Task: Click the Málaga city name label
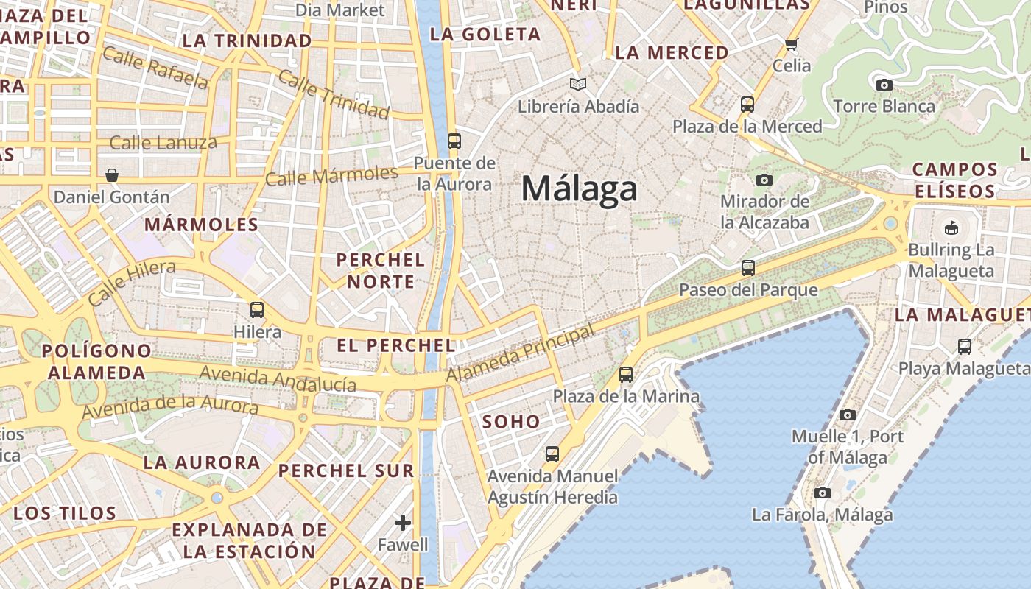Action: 579,189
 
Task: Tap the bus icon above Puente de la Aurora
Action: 454,141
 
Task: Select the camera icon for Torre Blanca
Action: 884,85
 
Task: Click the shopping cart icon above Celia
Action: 792,44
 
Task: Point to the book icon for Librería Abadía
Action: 579,85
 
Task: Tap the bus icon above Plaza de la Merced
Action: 747,105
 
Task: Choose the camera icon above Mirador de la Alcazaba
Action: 764,180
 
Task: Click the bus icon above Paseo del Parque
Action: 748,268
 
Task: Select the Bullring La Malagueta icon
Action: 951,228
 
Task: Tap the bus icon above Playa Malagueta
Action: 964,347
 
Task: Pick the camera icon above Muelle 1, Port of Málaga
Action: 848,415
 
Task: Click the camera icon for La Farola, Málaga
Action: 823,493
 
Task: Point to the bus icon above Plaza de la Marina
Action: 626,375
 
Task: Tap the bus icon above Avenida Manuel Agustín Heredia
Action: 552,454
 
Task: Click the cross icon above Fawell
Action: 402,523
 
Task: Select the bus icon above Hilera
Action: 257,310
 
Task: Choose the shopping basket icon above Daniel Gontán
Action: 112,175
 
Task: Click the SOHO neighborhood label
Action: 511,422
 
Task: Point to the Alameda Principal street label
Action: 520,353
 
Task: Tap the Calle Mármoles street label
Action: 331,176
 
